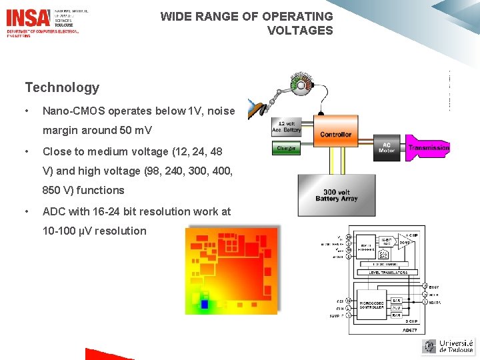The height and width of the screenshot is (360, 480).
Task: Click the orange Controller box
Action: tap(335, 134)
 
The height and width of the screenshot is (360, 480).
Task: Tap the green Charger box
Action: tap(286, 149)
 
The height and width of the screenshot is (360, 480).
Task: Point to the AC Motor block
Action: tap(387, 147)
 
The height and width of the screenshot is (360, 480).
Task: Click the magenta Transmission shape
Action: tap(428, 147)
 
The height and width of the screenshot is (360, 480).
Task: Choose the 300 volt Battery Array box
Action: tap(336, 194)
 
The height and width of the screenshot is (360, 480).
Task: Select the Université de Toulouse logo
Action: tap(448, 345)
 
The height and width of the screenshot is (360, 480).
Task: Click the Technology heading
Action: tap(62, 87)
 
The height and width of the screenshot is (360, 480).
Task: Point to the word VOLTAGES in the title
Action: tap(300, 31)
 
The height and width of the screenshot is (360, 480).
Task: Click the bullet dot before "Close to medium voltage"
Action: tap(26, 151)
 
